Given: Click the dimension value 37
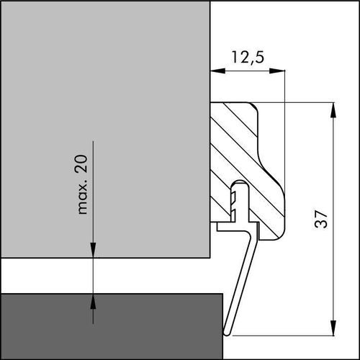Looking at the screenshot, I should pos(322,219).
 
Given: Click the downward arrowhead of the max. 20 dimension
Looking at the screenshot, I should pos(93,251).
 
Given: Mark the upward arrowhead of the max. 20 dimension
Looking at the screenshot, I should pos(93,300).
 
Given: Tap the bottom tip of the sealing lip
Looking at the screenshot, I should pos(228,333).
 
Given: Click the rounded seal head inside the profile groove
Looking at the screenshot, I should pos(238,189).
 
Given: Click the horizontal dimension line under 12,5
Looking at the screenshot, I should pos(248,71).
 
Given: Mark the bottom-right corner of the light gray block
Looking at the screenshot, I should pos(210,258).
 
